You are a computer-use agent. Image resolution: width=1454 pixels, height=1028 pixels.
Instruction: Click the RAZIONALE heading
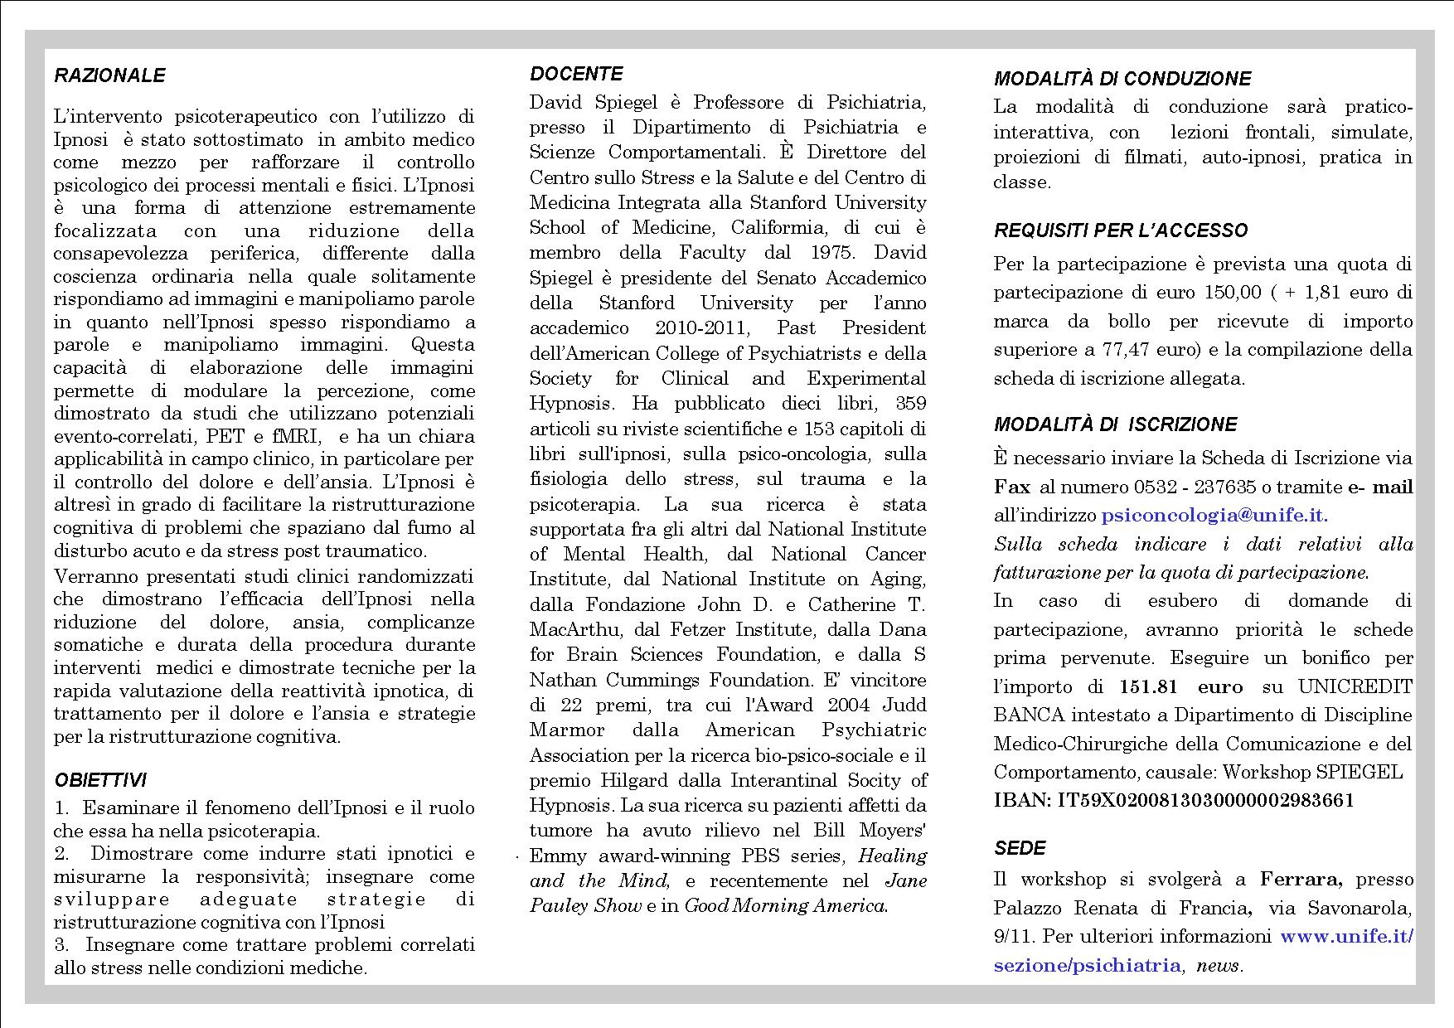[109, 75]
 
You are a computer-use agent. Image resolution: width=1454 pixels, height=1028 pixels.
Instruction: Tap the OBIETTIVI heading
[99, 780]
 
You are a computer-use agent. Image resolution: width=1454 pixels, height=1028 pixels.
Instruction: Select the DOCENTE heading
[576, 74]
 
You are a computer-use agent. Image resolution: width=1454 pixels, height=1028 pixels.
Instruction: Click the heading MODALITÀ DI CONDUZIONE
[1122, 79]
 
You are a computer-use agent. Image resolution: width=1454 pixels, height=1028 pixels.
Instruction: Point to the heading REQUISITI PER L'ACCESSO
[1121, 230]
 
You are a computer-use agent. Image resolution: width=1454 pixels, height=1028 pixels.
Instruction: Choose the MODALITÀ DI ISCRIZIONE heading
[1115, 424]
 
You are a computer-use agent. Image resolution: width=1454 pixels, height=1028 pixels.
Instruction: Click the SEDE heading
[1020, 848]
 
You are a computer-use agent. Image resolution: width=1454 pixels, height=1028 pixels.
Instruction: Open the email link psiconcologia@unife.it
[1214, 515]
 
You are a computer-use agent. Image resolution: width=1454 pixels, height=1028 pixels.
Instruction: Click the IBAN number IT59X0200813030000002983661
[1203, 800]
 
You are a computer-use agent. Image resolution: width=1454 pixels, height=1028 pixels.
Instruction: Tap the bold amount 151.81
[1148, 686]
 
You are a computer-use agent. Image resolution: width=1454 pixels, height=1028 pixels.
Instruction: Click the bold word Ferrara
[1295, 879]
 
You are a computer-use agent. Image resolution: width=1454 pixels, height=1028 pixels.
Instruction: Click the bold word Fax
[1012, 487]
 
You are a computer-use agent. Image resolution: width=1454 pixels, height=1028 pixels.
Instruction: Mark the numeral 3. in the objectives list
[61, 944]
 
